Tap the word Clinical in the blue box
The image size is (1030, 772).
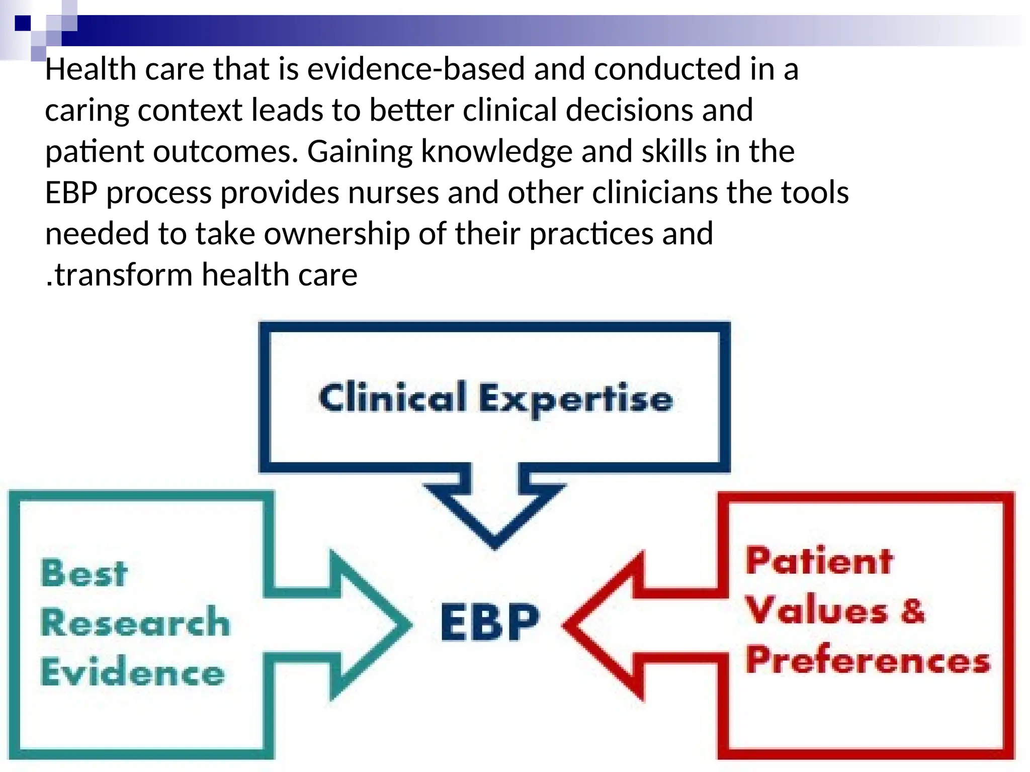tap(392, 398)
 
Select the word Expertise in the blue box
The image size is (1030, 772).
tap(575, 399)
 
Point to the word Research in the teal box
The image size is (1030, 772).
tap(135, 622)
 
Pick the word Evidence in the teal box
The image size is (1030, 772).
tap(132, 672)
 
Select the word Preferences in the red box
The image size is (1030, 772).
tap(868, 660)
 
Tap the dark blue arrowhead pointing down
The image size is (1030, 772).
tap(494, 518)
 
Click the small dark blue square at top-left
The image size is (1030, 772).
tap(23, 23)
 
